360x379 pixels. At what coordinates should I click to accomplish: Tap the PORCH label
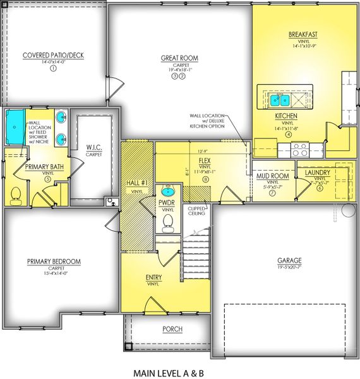(172, 329)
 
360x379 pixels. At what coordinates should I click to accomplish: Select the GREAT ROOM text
(180, 58)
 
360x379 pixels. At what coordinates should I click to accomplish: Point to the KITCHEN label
(286, 117)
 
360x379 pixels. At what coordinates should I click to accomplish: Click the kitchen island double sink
(279, 99)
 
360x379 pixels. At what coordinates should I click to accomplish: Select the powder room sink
(168, 191)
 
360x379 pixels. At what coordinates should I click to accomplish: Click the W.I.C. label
(94, 148)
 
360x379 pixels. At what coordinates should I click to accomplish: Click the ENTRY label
(153, 277)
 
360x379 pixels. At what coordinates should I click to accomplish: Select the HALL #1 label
(137, 183)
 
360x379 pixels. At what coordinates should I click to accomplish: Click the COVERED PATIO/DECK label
(53, 55)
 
